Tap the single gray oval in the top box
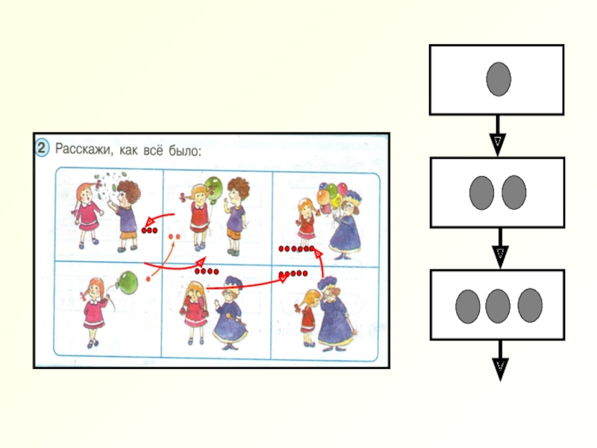click(x=498, y=79)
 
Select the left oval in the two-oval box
click(x=481, y=193)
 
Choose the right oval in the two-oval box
click(x=514, y=193)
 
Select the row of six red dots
click(x=296, y=248)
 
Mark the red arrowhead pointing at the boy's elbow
click(x=149, y=222)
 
